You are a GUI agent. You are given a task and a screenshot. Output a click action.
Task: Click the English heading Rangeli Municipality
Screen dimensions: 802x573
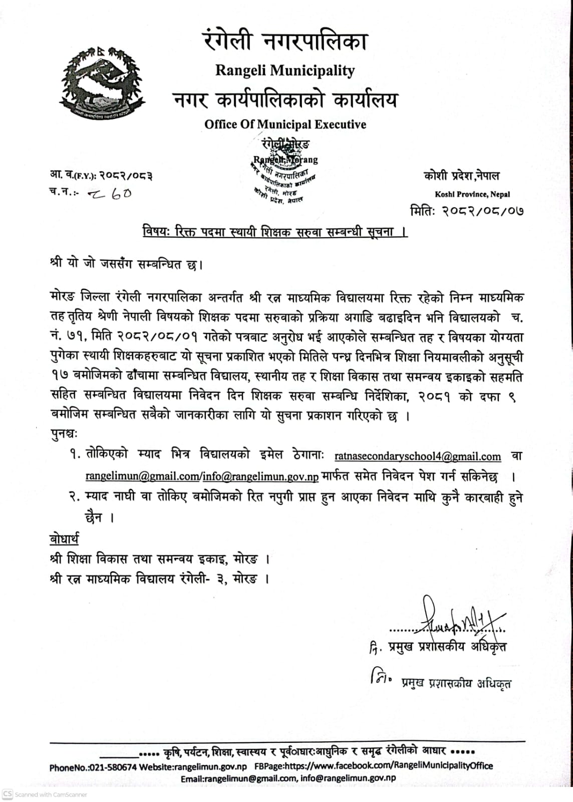coord(285,71)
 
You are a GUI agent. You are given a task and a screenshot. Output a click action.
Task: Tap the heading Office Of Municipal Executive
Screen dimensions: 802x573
coord(285,124)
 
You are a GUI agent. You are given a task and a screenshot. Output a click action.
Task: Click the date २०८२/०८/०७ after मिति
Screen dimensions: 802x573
coord(482,211)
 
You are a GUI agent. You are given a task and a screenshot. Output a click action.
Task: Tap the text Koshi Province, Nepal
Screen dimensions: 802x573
coord(472,194)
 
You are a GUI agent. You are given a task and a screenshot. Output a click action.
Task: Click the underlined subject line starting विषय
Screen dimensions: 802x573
coord(275,232)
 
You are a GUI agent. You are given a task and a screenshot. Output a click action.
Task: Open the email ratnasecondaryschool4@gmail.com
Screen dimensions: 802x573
coord(417,457)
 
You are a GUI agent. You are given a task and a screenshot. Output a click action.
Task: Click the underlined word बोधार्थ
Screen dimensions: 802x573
coord(64,539)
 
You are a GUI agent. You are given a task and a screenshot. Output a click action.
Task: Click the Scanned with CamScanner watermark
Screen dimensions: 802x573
coord(45,794)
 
